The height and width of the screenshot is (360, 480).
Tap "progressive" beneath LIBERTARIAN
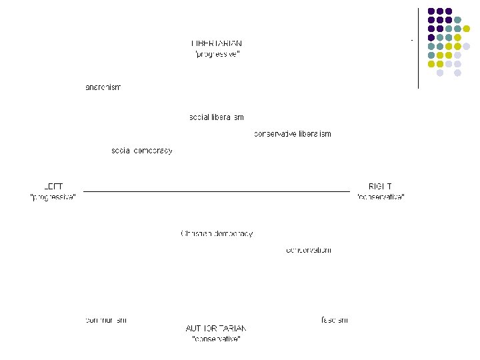point(217,55)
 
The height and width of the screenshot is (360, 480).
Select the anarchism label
point(103,87)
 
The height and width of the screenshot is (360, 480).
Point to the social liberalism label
point(217,117)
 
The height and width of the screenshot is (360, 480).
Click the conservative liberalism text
point(293,134)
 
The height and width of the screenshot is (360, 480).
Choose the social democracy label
point(142,151)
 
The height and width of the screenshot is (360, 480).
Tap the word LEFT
point(53,187)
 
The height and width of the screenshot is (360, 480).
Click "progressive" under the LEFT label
point(53,197)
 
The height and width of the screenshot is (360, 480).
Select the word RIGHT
point(380,187)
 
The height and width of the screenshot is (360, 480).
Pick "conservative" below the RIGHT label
point(381,197)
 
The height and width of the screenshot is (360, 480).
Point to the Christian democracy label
point(217,234)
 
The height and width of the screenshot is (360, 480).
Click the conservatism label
point(308,251)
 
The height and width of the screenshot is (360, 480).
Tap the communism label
point(106,320)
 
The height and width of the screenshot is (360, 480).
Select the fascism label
point(335,320)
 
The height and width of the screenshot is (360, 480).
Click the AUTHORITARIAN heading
point(216,329)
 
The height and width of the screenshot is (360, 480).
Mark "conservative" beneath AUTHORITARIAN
point(216,339)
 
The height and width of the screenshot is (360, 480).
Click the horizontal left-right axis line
point(217,191)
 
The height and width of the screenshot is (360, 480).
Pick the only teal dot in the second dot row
point(457,20)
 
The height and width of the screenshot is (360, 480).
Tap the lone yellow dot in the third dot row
point(466,29)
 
